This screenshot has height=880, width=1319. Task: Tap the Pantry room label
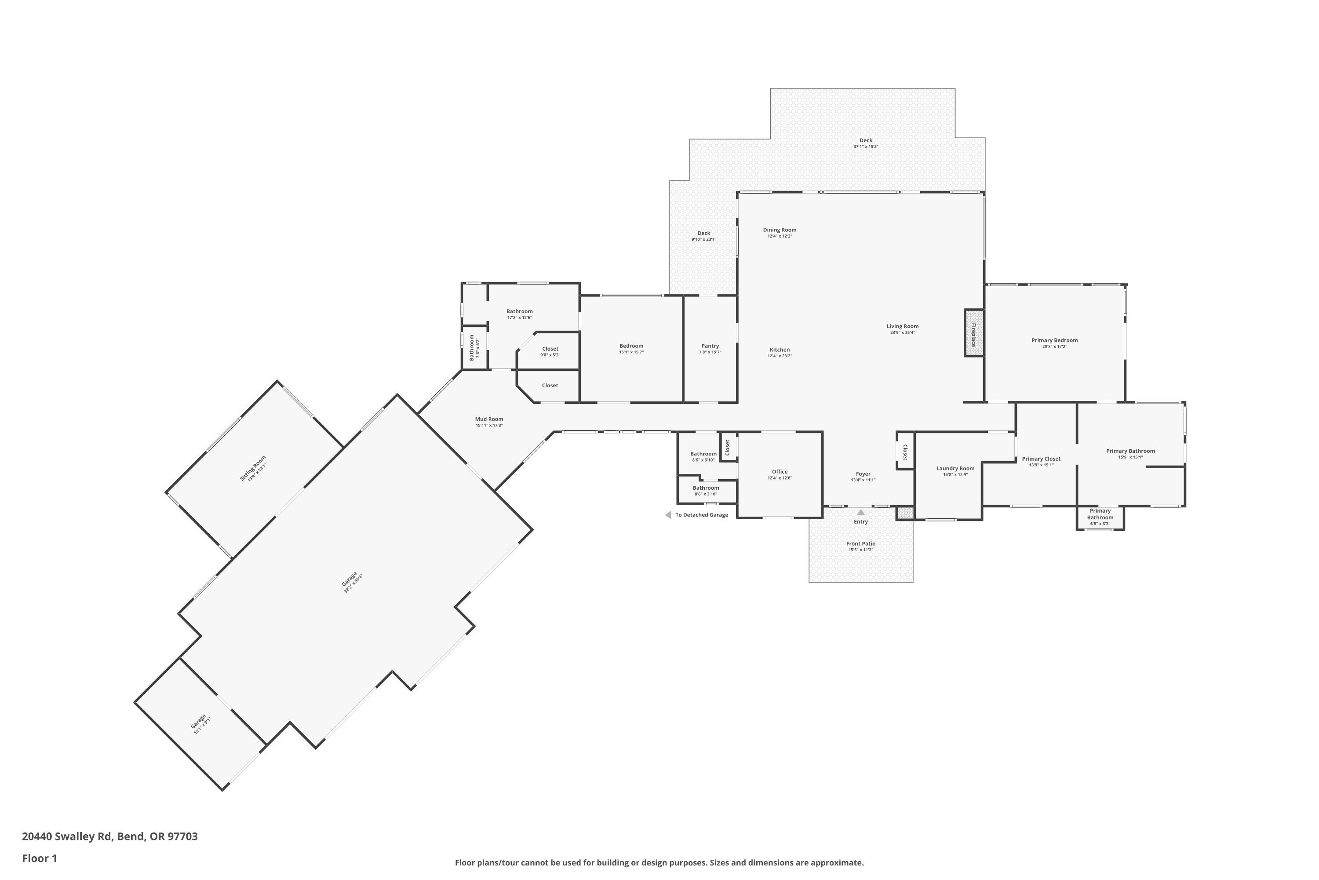tap(710, 346)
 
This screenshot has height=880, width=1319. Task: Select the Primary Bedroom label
tap(1054, 340)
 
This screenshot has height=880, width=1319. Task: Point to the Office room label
tap(780, 472)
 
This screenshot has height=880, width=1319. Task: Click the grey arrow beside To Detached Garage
tap(668, 515)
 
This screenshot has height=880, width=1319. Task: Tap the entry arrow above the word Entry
tap(861, 513)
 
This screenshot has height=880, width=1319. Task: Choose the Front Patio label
tap(861, 544)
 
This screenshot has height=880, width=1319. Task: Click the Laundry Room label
tap(955, 469)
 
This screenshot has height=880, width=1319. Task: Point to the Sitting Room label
tap(252, 469)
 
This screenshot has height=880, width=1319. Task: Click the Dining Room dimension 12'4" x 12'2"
tap(780, 236)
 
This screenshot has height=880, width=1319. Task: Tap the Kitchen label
tap(780, 350)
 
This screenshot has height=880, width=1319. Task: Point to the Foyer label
tap(863, 474)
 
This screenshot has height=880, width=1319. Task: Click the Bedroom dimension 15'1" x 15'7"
tap(631, 352)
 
